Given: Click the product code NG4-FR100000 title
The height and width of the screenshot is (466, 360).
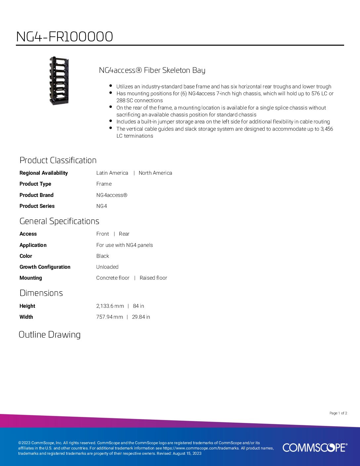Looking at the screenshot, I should pos(65,37).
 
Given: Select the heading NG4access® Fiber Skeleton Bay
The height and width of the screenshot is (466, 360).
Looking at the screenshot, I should pos(152,70).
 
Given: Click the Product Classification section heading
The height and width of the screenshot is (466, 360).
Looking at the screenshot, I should pos(58,160).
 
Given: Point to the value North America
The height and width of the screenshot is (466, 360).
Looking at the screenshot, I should pos(155,173).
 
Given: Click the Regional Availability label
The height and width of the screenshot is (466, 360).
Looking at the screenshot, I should pos(44,173).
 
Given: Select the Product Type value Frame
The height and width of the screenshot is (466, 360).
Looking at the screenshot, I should pos(104,184).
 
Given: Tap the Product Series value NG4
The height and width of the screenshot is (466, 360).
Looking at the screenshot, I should pos(102,206).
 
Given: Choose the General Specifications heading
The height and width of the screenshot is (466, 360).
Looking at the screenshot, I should pos(59,221).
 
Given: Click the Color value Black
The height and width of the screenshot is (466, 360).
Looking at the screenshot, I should pos(103,256).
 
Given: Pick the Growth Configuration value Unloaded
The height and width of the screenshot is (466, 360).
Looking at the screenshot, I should pos(107,267).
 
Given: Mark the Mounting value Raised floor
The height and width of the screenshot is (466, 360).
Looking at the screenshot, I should pos(153,278).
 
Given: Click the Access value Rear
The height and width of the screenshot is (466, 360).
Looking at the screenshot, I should pos(124,234).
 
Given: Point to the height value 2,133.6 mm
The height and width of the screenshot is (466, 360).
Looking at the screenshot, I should pos(110,306).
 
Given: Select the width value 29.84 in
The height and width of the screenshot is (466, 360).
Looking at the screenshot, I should pos(141,317).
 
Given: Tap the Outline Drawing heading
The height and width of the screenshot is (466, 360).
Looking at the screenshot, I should pos(50,335).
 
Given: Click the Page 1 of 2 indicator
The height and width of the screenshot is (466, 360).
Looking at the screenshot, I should pos(338,413).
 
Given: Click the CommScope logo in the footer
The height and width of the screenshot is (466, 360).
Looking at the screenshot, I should pos(315,447).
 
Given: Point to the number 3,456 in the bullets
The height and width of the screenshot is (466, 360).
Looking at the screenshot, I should pos(327,129).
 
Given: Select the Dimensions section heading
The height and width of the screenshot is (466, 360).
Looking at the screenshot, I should pos(41,293).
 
